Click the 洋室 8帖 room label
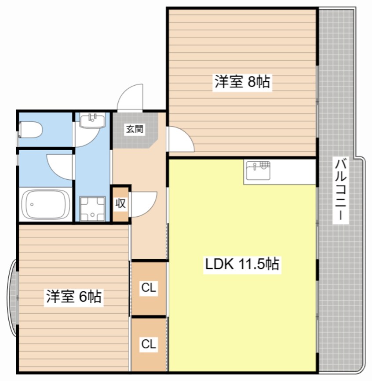[242, 82]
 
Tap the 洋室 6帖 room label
[74, 296]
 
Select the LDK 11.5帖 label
[242, 264]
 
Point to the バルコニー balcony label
[341, 190]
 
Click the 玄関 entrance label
[135, 129]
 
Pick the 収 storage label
[120, 203]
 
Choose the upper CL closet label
[149, 288]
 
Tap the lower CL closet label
[149, 344]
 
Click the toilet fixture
[31, 130]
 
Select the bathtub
[45, 204]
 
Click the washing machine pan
[92, 209]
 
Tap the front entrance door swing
[130, 97]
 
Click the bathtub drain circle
[32, 204]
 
